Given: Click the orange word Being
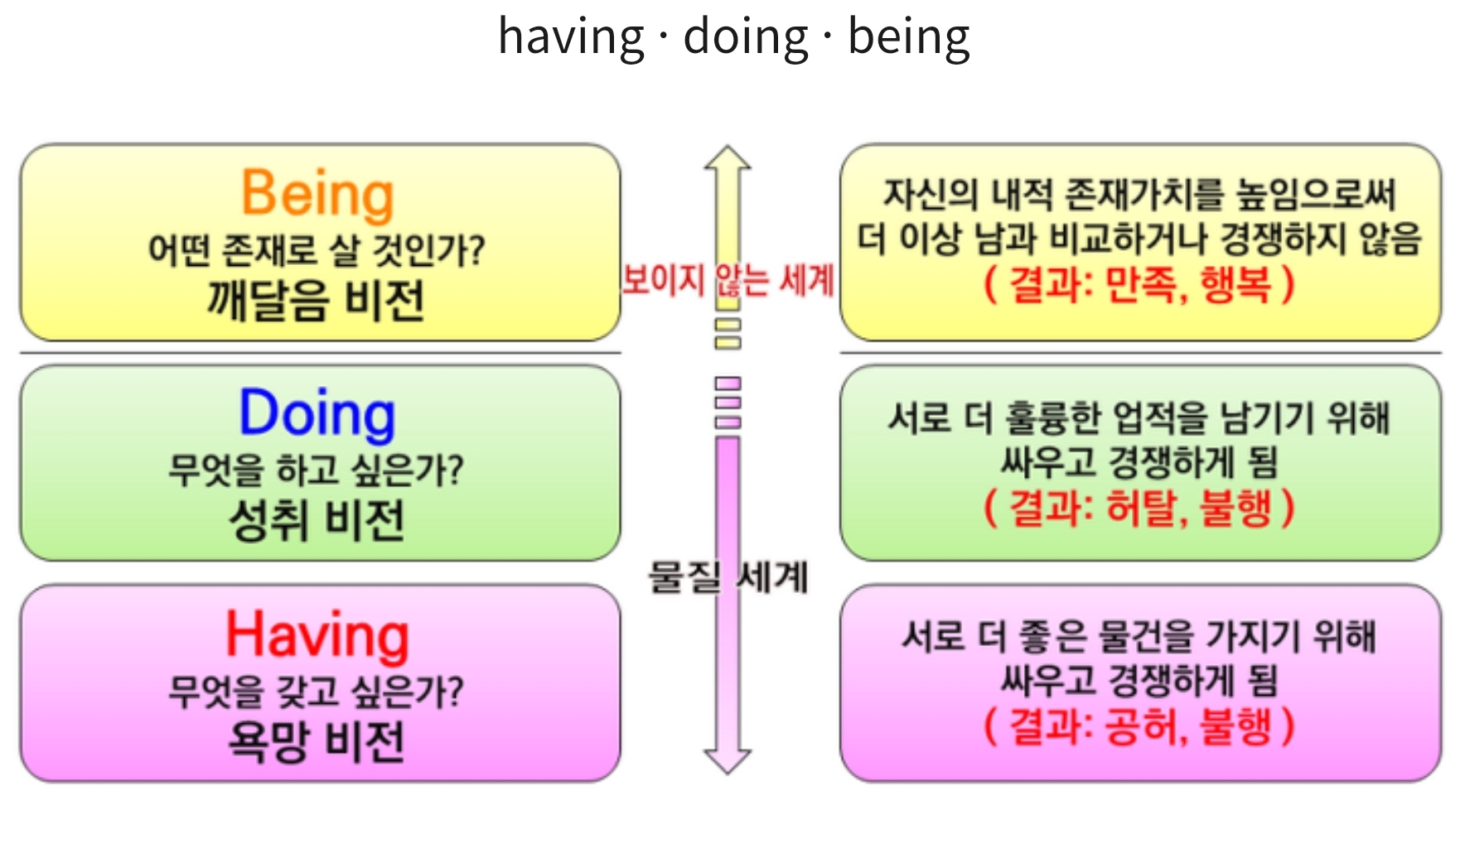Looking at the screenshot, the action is point(317,194).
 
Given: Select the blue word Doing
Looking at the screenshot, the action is point(317,413).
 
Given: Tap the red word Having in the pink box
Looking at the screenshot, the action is point(317,635).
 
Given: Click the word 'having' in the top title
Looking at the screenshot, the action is point(571,37).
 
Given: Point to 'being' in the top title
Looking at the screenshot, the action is point(909,37).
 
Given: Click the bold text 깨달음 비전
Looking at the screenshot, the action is point(316,300).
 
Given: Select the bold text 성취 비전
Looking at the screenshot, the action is point(317,520).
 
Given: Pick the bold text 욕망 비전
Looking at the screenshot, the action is point(317,740).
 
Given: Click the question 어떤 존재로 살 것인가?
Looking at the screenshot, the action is point(317,250).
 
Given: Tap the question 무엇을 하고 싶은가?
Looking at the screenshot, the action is point(317,470).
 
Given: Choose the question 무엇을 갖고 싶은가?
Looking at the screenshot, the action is point(317,691).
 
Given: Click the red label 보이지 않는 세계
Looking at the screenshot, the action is point(728,280).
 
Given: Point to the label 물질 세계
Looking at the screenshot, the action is point(728,576).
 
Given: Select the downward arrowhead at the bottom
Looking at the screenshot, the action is point(728,761).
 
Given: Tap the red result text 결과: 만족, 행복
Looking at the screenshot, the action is point(1139,285).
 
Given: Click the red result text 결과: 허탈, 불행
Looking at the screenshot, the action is point(1139,507).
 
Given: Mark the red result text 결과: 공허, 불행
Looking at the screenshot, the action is point(1139,726).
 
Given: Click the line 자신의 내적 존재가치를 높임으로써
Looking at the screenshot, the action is point(1140,195).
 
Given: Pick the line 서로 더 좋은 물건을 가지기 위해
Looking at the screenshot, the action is point(1139,637).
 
